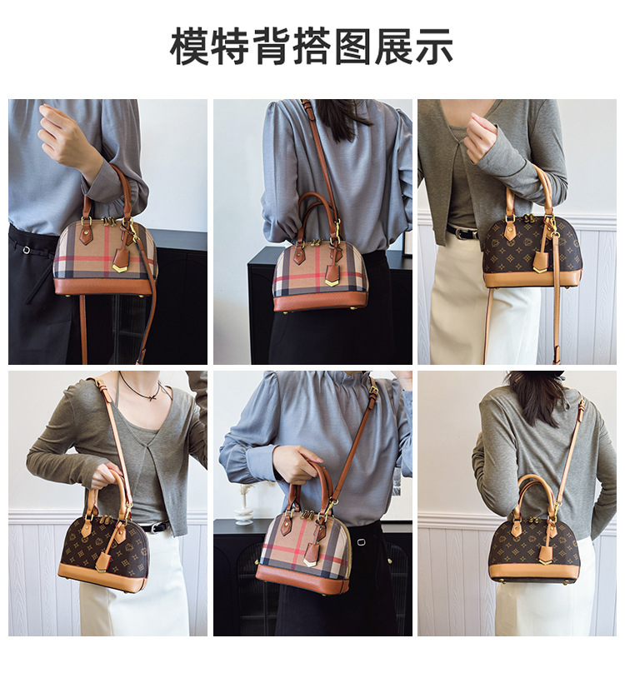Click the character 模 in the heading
click(190, 46)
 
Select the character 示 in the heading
click(434, 46)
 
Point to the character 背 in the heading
click(272, 46)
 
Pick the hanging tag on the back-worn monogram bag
click(546, 555)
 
